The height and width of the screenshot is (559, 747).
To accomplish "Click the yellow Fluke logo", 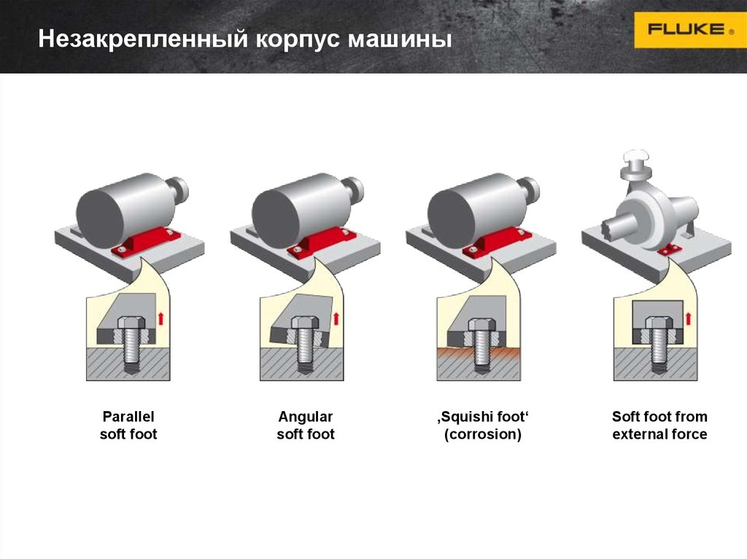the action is tap(690, 30).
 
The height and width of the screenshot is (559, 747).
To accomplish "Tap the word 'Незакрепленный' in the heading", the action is tap(143, 39).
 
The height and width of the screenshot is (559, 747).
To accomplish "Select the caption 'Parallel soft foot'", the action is tap(128, 425).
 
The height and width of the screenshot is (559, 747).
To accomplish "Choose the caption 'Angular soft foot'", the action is tap(306, 425).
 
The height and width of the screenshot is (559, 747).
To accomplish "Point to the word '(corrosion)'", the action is tap(483, 434).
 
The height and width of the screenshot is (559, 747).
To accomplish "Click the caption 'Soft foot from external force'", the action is tap(659, 425).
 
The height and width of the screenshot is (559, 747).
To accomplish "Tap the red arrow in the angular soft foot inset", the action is tap(336, 318).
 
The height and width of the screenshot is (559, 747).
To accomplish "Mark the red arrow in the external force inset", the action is tap(687, 318).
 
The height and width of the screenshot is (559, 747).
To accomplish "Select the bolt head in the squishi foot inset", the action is tap(482, 325).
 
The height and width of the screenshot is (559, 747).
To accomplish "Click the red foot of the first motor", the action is tap(145, 243).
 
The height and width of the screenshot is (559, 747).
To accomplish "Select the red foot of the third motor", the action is tap(496, 243).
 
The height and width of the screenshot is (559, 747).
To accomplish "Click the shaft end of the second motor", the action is tap(355, 188).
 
